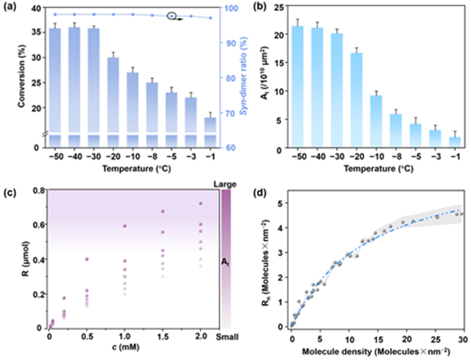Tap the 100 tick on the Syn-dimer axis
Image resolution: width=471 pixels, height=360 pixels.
(232, 9)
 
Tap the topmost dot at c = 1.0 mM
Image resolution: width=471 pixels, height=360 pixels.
(124, 226)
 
